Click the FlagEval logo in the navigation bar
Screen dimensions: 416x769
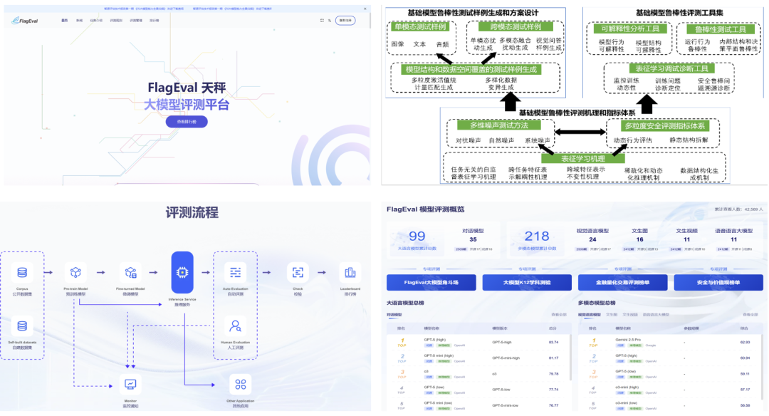[x=26, y=21]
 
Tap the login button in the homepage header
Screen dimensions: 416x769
[x=345, y=21]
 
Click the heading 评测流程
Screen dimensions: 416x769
[x=192, y=212]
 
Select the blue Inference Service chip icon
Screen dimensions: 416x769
[x=182, y=272]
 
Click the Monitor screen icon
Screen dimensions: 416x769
[x=130, y=384]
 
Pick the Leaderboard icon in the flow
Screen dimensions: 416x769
[x=349, y=272]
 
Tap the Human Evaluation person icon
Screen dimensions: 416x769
[x=235, y=326]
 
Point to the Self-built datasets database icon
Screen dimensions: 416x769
[x=22, y=326]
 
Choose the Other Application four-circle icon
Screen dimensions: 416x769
[x=240, y=385]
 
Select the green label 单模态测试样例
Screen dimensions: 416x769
[x=420, y=27]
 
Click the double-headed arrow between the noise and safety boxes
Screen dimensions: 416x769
[x=580, y=132]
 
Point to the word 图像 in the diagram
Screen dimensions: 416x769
[x=397, y=44]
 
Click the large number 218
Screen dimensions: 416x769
[x=537, y=236]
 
